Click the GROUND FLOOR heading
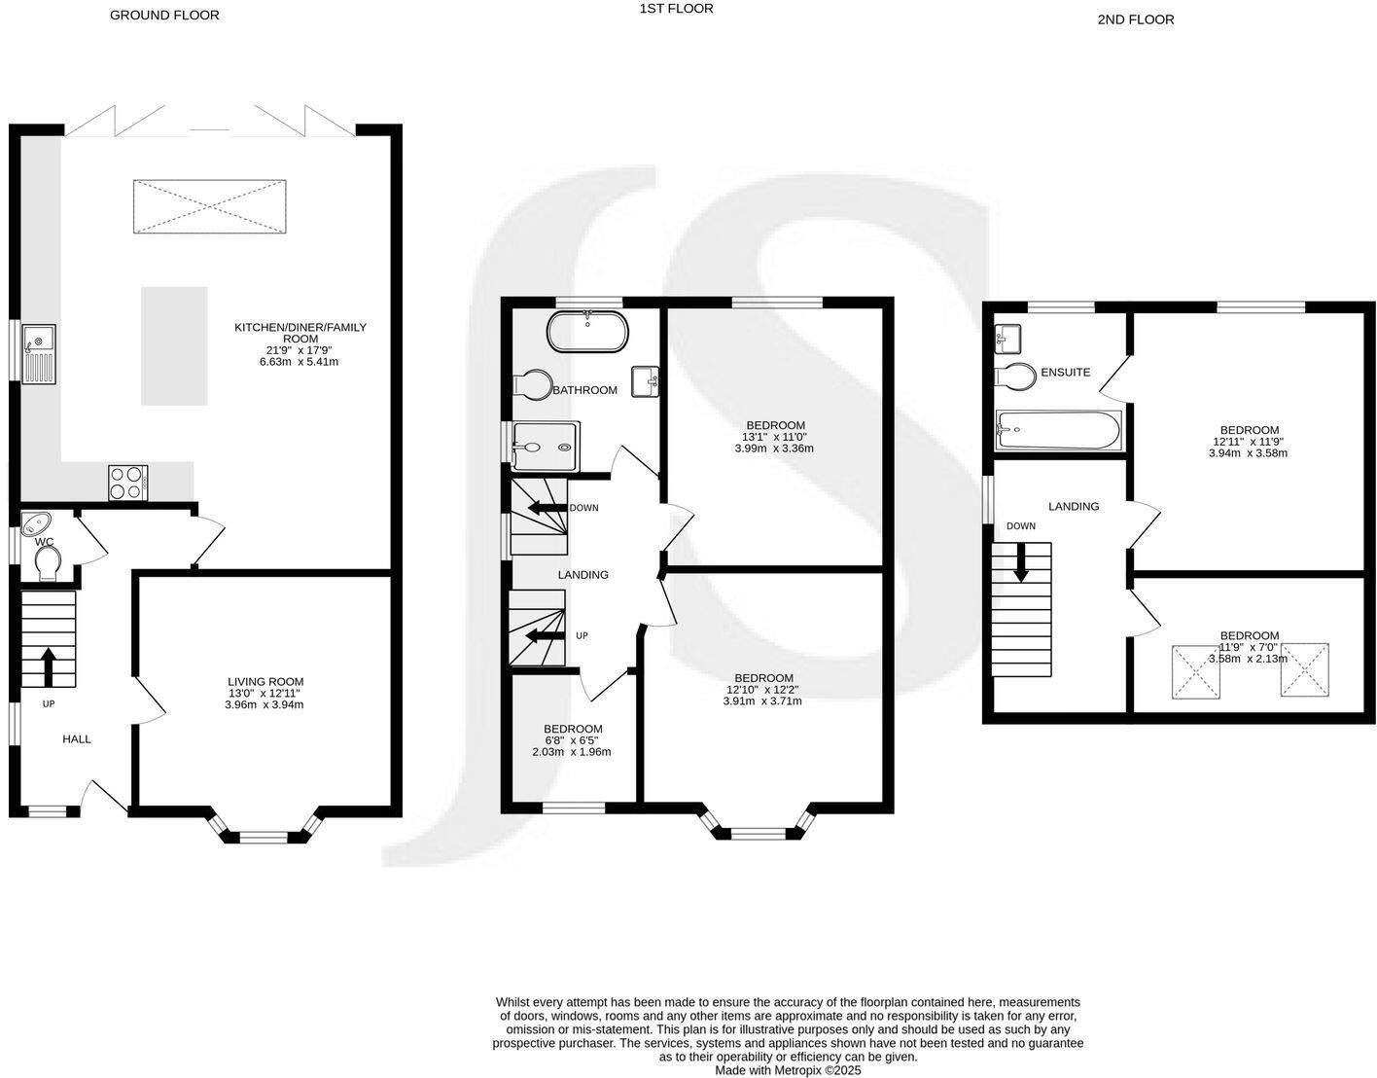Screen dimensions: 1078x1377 coord(164,15)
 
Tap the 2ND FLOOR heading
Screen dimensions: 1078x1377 coord(1135,18)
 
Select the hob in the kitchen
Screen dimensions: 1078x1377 coord(127,483)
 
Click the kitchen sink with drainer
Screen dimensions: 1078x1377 coord(39,352)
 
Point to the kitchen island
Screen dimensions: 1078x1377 coord(174,345)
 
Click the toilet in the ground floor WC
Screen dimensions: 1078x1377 coord(47,562)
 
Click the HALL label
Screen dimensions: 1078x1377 coord(77,739)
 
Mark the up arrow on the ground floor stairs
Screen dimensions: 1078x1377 coord(48,667)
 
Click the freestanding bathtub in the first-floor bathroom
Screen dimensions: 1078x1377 coord(587,332)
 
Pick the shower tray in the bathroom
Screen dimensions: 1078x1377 coord(546,445)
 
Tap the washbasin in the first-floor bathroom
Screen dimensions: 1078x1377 coord(646,380)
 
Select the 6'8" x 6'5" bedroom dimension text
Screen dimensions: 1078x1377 coord(572,740)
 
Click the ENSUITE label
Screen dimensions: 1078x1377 coord(1065,372)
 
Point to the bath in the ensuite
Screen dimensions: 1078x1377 coord(1058,429)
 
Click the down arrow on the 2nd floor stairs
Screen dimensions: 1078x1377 coord(1021,562)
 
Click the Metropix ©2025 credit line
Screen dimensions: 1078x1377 coord(789,1070)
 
